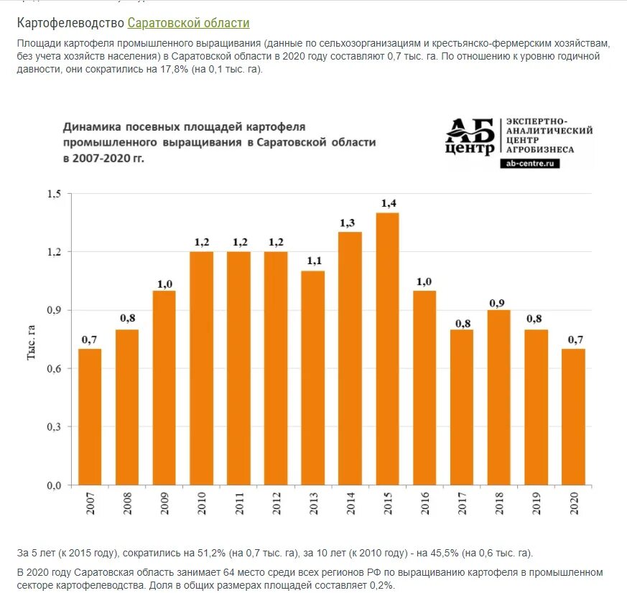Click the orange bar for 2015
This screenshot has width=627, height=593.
point(387,349)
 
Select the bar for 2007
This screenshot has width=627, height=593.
point(90,417)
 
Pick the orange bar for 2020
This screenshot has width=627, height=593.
point(573,417)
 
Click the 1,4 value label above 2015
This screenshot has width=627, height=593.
point(388,203)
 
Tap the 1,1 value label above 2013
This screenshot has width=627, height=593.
point(313,261)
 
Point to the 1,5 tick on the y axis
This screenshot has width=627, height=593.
point(55,194)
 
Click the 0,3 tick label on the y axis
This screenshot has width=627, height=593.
point(55,427)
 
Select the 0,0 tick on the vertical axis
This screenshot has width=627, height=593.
point(55,485)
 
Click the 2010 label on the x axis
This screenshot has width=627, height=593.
point(202,503)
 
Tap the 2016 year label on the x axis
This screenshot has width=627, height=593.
point(424,503)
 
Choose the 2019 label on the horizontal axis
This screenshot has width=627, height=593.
point(537,503)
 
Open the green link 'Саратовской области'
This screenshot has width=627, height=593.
point(188,23)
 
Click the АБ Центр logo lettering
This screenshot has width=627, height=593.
point(470,136)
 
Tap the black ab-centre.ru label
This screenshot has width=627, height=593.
point(530,164)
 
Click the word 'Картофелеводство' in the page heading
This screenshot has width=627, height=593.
point(70,23)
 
